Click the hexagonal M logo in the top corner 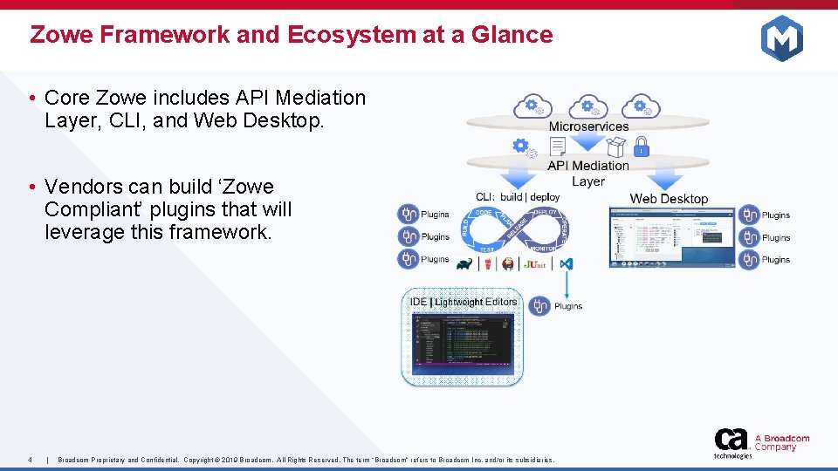(781, 38)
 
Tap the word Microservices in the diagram (588, 126)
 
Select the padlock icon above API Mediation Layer (641, 146)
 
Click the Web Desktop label (669, 199)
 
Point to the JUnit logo (536, 263)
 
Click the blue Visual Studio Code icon (567, 263)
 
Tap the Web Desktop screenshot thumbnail (670, 236)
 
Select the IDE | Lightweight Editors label (464, 302)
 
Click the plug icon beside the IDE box (539, 306)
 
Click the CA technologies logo (732, 442)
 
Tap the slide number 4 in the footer (31, 460)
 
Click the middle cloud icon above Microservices (588, 106)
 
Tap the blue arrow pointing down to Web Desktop (667, 178)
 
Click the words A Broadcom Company (781, 443)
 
